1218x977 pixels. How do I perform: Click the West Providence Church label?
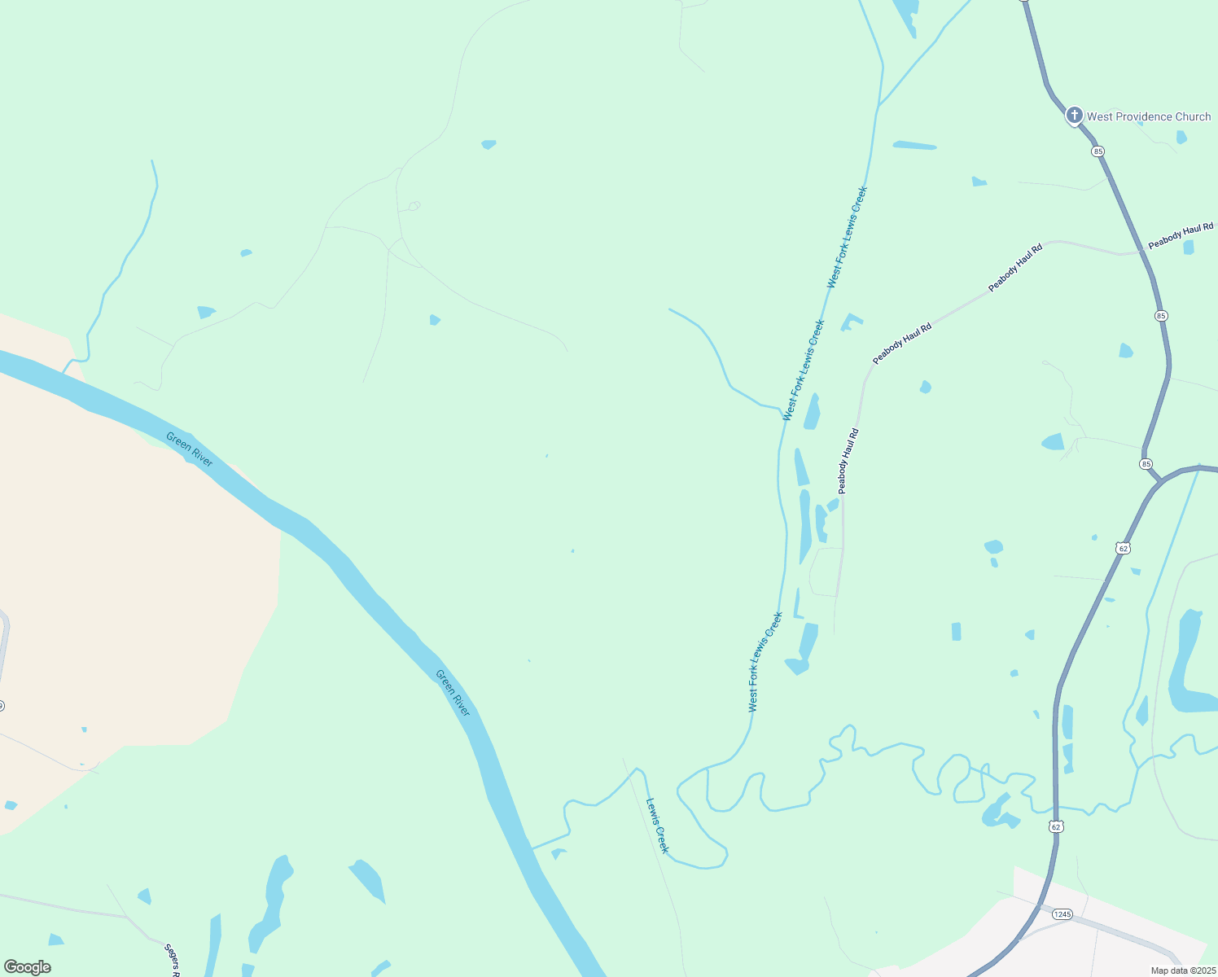tap(1148, 116)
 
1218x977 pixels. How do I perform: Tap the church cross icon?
tap(1075, 116)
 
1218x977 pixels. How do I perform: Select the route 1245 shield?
tap(1062, 914)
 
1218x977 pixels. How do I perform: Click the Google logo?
tap(28, 967)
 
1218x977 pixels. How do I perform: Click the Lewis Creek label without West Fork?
tap(657, 826)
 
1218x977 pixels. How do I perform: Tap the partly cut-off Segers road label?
tap(172, 961)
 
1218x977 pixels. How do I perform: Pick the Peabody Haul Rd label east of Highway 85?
tap(1181, 236)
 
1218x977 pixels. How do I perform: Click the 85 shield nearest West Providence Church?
tap(1098, 151)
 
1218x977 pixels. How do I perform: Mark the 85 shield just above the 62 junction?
tap(1146, 464)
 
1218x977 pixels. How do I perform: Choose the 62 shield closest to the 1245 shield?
tap(1056, 826)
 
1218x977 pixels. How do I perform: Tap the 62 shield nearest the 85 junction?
tap(1124, 549)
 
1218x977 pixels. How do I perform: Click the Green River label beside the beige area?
tap(189, 449)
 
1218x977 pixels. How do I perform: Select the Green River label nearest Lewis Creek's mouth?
tap(453, 693)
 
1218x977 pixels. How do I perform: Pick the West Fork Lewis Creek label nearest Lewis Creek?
tap(765, 662)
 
